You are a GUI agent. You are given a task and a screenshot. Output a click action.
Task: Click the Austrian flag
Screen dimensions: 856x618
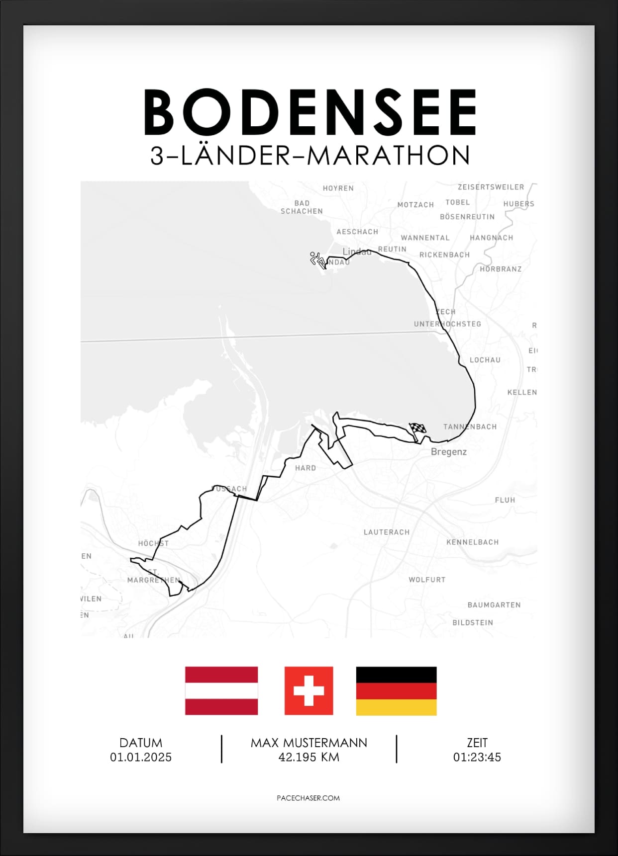tap(221, 690)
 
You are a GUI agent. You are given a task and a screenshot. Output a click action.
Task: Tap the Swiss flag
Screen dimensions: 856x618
tap(309, 690)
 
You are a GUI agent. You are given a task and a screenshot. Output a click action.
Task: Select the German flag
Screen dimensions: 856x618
tap(396, 690)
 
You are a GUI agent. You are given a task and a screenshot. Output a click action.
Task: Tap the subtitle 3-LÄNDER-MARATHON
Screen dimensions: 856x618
tap(310, 156)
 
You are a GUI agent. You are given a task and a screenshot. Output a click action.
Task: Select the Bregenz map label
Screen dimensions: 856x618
tap(448, 452)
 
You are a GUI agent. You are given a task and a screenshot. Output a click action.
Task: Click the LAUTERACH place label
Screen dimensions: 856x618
tap(386, 532)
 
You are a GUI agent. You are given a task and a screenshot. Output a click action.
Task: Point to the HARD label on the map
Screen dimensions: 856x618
tap(305, 468)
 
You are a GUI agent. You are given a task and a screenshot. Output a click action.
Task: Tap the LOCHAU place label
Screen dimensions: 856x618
tap(485, 360)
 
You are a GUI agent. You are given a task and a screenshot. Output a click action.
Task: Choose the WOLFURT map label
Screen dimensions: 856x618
tap(427, 580)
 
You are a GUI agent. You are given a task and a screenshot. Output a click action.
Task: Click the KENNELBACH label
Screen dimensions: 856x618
tap(472, 542)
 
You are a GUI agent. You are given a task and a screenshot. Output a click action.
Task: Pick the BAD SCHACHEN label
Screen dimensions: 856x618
tap(302, 207)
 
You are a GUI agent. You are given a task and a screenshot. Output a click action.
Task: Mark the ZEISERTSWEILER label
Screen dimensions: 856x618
tap(491, 187)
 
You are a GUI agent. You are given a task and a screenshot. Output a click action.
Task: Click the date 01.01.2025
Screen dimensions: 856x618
tap(141, 757)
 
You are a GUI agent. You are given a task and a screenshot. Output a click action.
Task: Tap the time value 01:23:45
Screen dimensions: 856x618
tap(477, 757)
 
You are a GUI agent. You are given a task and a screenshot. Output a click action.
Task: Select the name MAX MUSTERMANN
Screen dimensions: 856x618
tap(309, 743)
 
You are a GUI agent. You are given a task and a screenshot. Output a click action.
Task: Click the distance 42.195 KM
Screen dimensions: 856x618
tap(309, 757)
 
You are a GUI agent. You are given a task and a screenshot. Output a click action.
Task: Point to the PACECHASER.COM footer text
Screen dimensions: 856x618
tap(308, 798)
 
